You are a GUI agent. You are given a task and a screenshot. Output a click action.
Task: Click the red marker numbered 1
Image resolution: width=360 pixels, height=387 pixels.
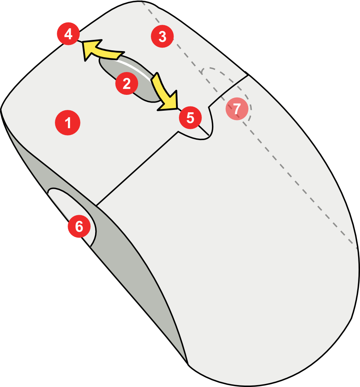(x=68, y=123)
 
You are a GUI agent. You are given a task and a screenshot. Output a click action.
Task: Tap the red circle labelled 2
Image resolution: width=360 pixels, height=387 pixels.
(x=127, y=84)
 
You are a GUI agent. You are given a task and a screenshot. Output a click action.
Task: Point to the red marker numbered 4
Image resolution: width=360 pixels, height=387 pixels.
(x=68, y=34)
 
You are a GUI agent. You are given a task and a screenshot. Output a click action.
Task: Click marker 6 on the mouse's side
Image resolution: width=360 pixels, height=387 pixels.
(x=79, y=226)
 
